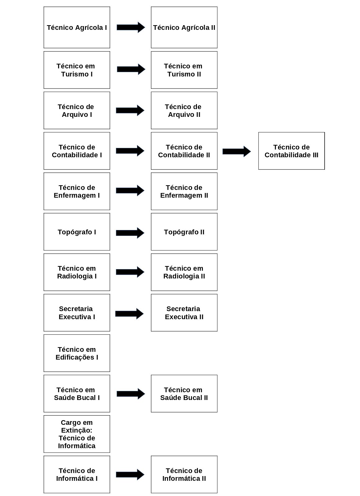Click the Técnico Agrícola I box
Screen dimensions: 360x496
tap(77, 27)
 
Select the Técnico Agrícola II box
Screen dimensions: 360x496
tap(184, 27)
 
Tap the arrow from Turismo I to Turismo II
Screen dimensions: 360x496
tap(131, 69)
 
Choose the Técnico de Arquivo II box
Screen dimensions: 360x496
tap(184, 111)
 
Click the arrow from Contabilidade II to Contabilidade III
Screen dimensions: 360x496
tap(237, 151)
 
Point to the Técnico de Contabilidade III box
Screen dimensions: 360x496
tap(291, 151)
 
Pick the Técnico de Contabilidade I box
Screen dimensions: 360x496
tap(77, 151)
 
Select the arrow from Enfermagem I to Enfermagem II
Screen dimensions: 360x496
tap(130, 191)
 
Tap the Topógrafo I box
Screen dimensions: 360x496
tap(77, 232)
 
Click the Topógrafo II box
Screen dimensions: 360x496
tap(184, 232)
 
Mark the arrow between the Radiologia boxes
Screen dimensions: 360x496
tap(130, 272)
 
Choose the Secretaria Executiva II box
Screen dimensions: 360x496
tap(184, 313)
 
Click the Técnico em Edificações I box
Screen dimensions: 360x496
tap(77, 353)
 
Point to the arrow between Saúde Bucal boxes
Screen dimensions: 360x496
tap(131, 394)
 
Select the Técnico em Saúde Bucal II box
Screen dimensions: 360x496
tap(184, 393)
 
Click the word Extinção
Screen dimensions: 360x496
tap(77, 430)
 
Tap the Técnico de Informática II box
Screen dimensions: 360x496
tap(184, 474)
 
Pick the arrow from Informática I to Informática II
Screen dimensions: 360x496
tap(130, 475)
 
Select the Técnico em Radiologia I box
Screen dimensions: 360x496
tap(77, 272)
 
